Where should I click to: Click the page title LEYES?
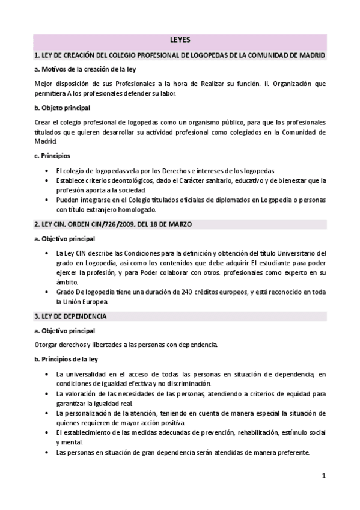[x=180, y=40]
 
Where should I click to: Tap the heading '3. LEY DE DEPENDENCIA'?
[x=71, y=316]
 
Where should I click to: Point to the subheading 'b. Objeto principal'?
[x=63, y=108]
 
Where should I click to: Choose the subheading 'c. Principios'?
[x=53, y=156]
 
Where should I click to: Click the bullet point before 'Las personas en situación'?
[x=47, y=452]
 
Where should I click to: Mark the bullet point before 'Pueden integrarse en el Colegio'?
[x=47, y=200]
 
